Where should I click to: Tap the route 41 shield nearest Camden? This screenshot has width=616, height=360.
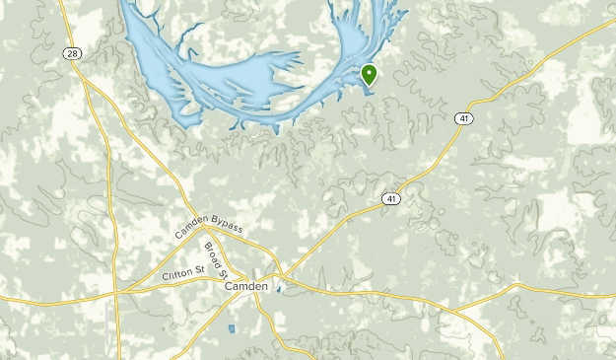pos(390,199)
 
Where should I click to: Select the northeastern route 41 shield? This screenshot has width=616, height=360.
pos(463,118)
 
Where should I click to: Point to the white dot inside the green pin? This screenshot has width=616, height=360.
pos(370,72)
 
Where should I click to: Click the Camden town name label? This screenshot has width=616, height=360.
pos(245,285)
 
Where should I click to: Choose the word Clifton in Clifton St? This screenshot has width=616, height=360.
pos(177,276)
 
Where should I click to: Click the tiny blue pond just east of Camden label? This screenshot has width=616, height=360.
pos(278,289)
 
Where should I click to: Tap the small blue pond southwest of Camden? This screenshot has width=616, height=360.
pos(232,328)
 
